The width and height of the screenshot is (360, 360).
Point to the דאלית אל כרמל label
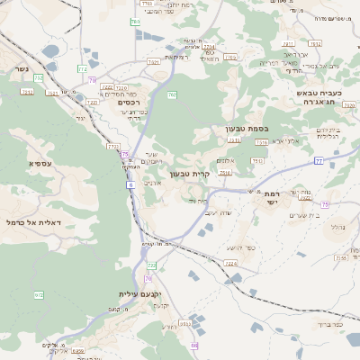coord(32,221)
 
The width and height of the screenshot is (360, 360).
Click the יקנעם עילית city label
coord(138,294)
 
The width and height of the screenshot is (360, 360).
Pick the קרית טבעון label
coord(214,174)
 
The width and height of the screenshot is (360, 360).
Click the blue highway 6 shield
coord(130,184)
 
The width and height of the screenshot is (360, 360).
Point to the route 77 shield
coord(319,160)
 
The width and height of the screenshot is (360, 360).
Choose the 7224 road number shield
coord(230,264)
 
